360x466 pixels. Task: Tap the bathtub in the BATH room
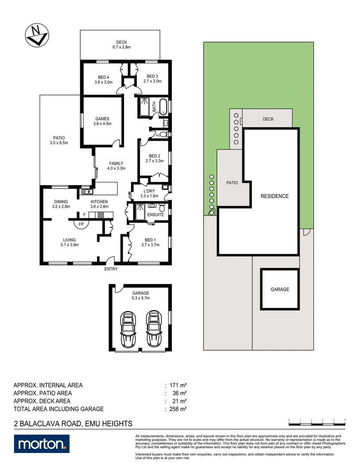(x=163, y=107)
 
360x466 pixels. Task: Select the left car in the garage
(x=128, y=329)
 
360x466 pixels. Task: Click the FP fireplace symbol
(x=80, y=224)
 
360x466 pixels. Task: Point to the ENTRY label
(x=111, y=269)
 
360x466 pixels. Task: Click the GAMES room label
(x=102, y=121)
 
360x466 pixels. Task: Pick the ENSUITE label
(x=155, y=214)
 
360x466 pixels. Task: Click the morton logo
(x=41, y=444)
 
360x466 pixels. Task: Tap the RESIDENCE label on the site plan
(x=275, y=196)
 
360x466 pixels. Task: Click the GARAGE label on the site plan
(x=280, y=290)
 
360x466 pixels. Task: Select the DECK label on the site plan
(x=268, y=119)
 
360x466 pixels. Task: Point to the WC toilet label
(x=158, y=135)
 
